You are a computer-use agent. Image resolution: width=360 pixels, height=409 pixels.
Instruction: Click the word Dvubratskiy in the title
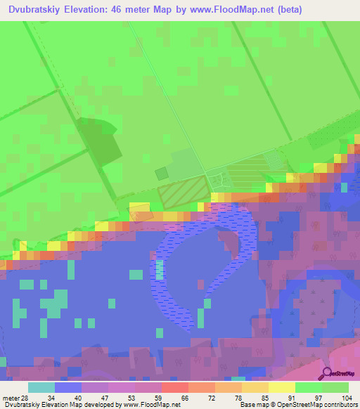pyautogui.click(x=34, y=10)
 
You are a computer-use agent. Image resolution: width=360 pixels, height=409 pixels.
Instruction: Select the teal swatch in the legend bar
pyautogui.click(x=41, y=387)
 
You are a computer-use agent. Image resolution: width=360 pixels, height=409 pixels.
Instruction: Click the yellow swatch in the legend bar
pyautogui.click(x=281, y=387)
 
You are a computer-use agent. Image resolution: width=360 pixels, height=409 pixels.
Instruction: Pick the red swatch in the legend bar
pyautogui.click(x=174, y=387)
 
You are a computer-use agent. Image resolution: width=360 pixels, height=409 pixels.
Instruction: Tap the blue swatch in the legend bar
pyautogui.click(x=67, y=387)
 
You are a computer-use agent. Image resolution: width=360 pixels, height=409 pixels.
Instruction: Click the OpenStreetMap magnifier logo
pyautogui.click(x=327, y=374)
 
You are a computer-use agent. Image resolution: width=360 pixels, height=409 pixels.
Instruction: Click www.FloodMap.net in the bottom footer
pyautogui.click(x=147, y=405)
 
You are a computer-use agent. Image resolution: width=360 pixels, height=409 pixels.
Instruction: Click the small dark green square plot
pyautogui.click(x=162, y=173)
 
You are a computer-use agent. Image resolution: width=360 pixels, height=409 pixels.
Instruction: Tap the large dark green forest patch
pyautogui.click(x=98, y=144)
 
